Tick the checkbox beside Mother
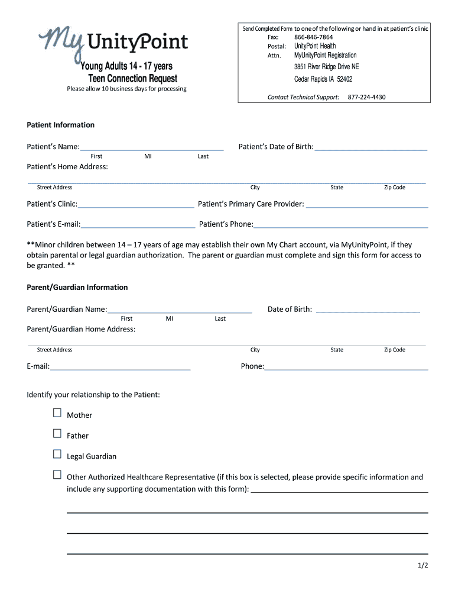pyautogui.click(x=57, y=413)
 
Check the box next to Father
pyautogui.click(x=57, y=434)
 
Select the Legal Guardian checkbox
pyautogui.click(x=57, y=454)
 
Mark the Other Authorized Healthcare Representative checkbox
pyautogui.click(x=57, y=475)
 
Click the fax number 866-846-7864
pyautogui.click(x=313, y=37)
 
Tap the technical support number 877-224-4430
pyautogui.click(x=366, y=97)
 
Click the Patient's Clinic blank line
pyautogui.click(x=136, y=204)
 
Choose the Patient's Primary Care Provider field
pyautogui.click(x=366, y=204)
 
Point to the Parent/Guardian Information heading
pyautogui.click(x=77, y=287)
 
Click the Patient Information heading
pyautogui.click(x=61, y=125)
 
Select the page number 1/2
pyautogui.click(x=422, y=566)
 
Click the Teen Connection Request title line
pyautogui.click(x=132, y=79)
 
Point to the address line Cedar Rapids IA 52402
pyautogui.click(x=323, y=79)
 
